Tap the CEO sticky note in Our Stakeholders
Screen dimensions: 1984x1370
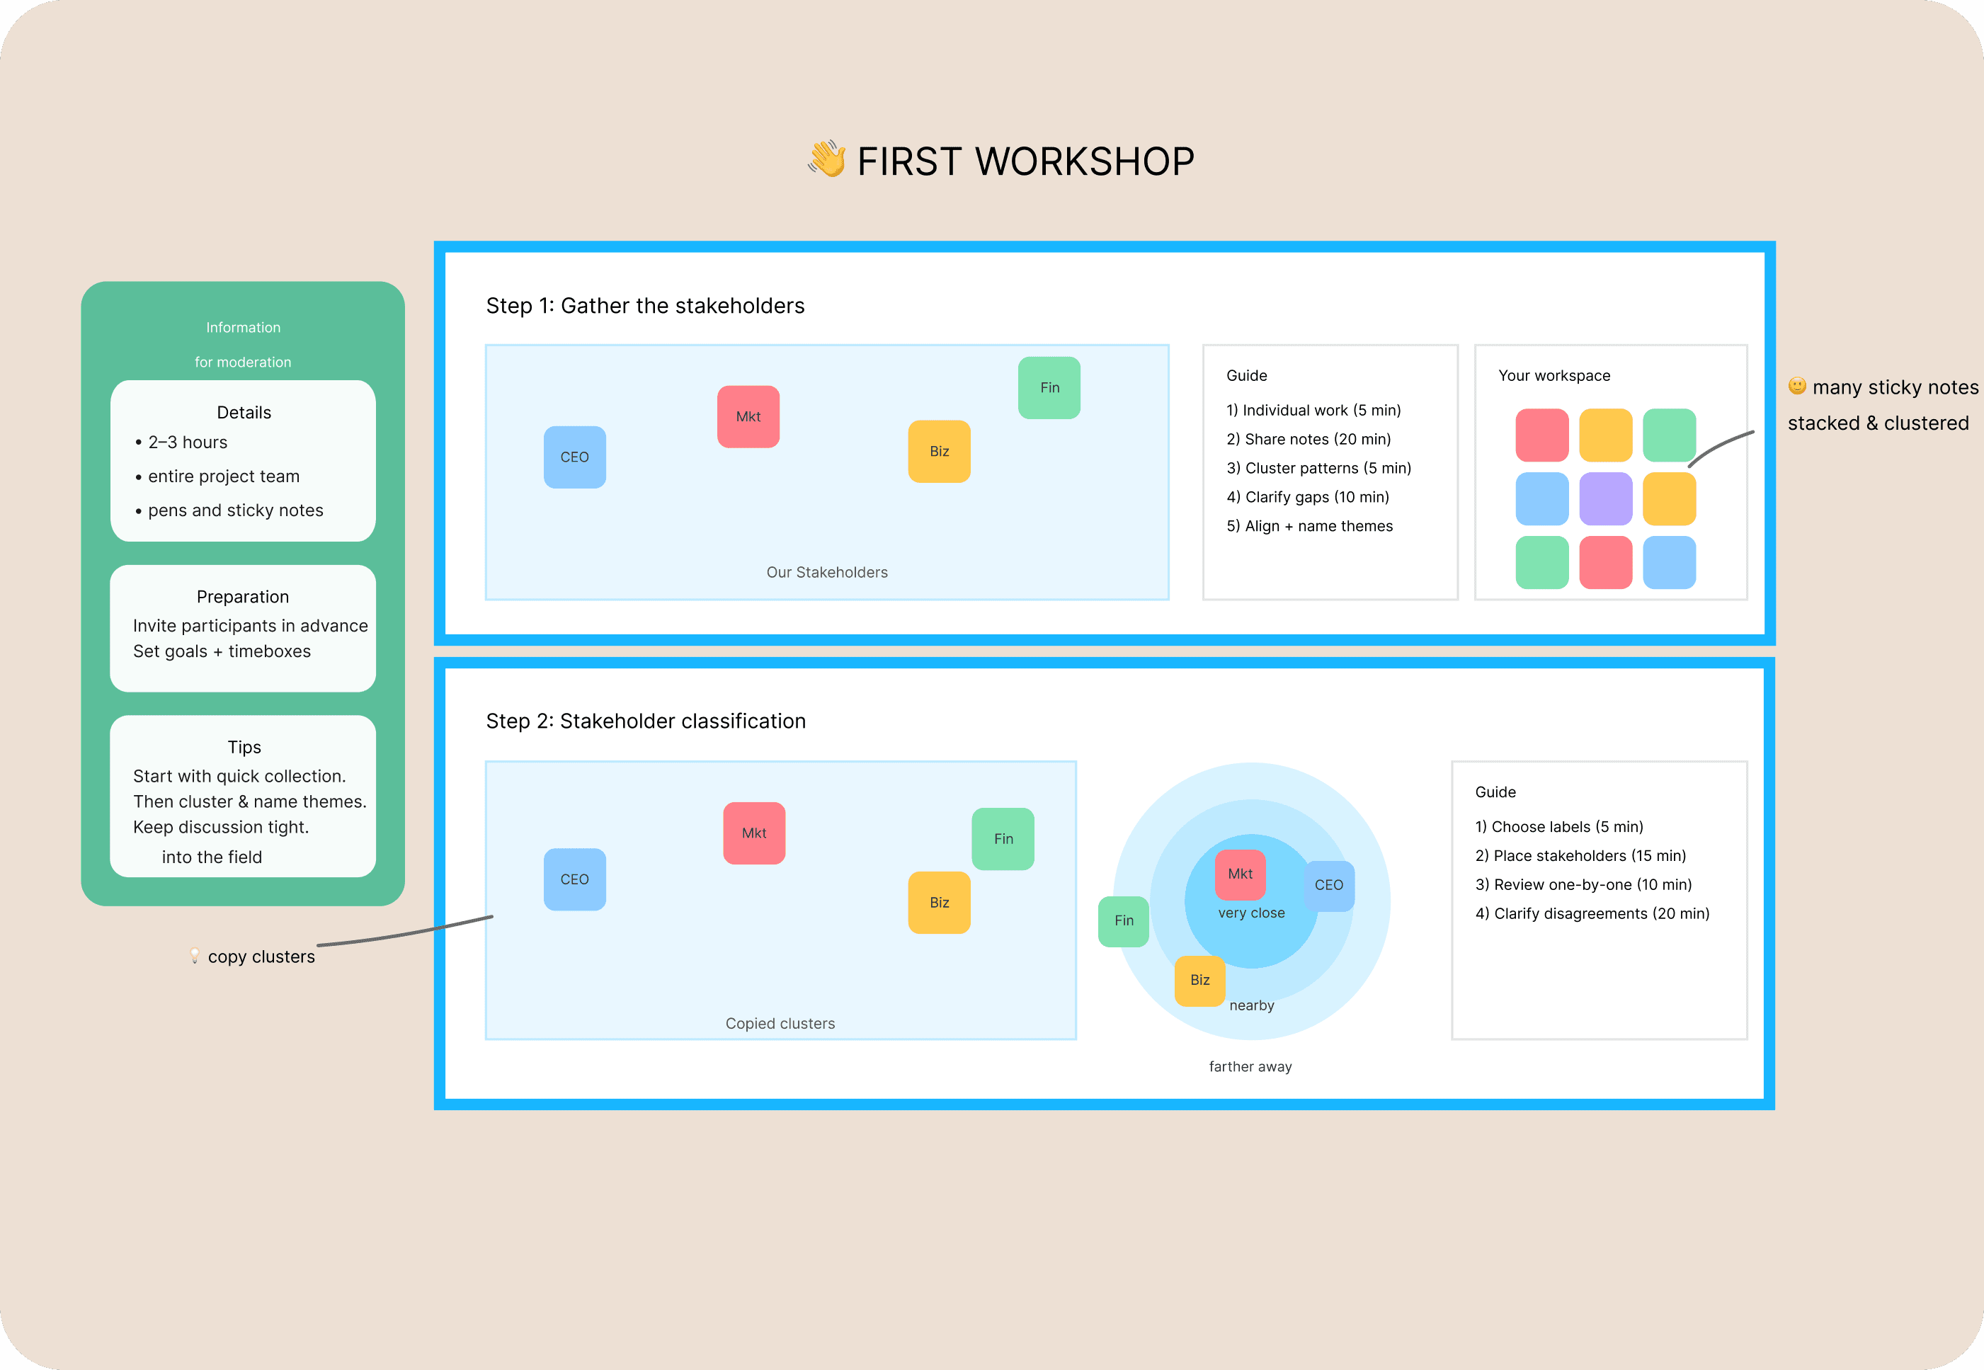(574, 457)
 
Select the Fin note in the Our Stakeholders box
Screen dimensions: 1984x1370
(1049, 388)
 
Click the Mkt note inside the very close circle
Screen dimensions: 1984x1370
(1240, 874)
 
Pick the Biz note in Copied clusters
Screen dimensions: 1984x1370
(939, 902)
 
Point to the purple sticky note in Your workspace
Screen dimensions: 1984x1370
(1605, 498)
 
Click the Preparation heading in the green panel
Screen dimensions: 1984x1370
(243, 597)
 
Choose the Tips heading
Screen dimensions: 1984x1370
(244, 747)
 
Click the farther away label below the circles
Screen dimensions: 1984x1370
(1250, 1066)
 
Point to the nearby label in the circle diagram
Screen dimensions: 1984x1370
(1252, 1005)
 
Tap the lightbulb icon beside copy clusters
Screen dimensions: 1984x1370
(195, 955)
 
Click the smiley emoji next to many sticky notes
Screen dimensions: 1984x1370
(1797, 387)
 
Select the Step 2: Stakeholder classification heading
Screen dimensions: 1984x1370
(646, 721)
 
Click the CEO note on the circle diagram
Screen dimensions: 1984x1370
(1329, 885)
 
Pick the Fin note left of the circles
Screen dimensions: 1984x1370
(1123, 920)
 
